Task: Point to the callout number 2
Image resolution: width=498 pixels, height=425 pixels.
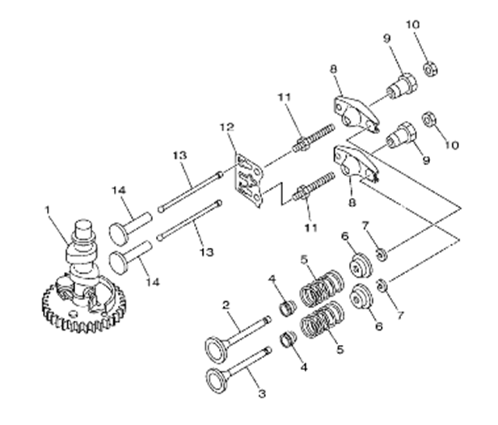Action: pos(228,307)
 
